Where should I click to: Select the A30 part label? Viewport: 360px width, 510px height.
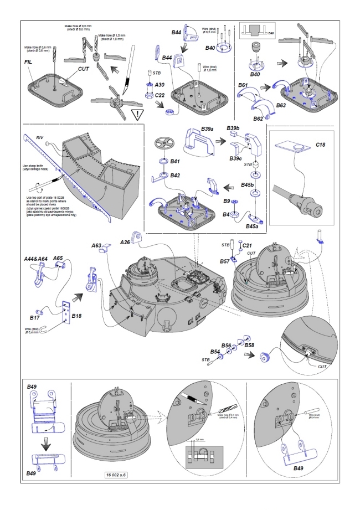[160, 85]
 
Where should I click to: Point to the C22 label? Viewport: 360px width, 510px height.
[160, 95]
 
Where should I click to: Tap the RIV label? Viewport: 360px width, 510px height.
[39, 136]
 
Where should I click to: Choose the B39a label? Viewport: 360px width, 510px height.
[208, 129]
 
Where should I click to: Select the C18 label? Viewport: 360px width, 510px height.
[321, 145]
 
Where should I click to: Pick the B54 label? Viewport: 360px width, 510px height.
[215, 351]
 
